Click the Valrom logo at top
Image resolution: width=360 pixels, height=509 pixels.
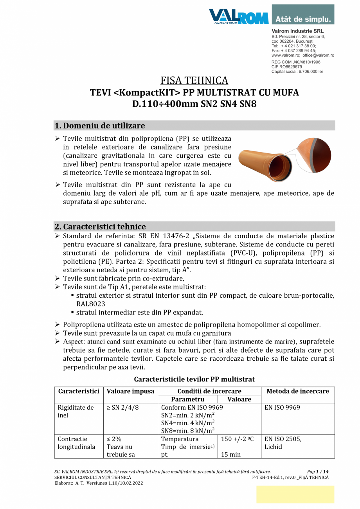[x=238, y=17]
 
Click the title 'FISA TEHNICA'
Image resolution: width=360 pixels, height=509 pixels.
[x=194, y=81]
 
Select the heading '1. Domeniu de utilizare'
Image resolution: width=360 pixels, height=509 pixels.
[x=100, y=126]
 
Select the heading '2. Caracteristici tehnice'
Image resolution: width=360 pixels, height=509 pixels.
[x=100, y=227]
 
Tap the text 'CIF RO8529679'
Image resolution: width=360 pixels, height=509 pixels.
[x=286, y=67]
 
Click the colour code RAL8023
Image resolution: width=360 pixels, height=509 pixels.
[x=91, y=304]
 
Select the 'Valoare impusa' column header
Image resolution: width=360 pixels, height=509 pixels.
[x=130, y=391]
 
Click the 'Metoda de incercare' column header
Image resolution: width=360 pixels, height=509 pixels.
[x=297, y=391]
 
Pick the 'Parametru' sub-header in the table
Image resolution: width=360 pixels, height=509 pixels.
[x=187, y=399]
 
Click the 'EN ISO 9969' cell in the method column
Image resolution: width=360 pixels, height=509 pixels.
[x=282, y=408]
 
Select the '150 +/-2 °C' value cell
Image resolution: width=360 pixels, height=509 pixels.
[x=238, y=439]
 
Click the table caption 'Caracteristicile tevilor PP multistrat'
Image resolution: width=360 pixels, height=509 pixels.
[x=194, y=379]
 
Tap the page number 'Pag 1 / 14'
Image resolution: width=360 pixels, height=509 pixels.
[x=318, y=472]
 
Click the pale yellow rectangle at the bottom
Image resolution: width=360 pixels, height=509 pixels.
[x=295, y=494]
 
